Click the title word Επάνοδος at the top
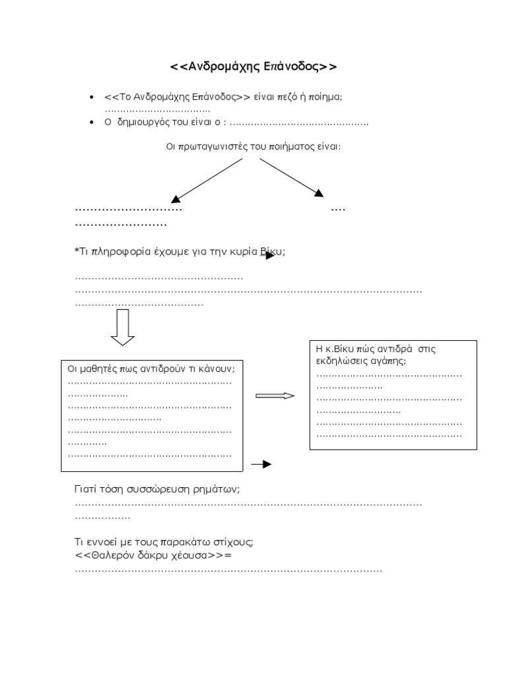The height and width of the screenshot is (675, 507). click(x=293, y=67)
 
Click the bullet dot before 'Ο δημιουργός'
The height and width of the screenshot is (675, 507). click(x=90, y=123)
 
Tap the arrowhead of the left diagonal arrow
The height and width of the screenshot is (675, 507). click(x=175, y=198)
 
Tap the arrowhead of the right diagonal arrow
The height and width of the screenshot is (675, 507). click(x=320, y=193)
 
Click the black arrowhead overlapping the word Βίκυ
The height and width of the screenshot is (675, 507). click(x=270, y=255)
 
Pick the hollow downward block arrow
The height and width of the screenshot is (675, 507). click(x=122, y=327)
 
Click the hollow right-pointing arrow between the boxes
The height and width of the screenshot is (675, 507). click(x=275, y=396)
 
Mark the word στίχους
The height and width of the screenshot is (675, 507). click(x=233, y=542)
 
